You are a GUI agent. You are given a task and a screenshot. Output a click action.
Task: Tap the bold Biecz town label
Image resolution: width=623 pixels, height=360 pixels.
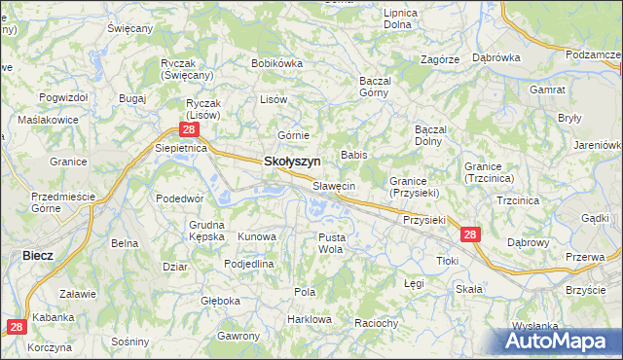pyautogui.click(x=37, y=255)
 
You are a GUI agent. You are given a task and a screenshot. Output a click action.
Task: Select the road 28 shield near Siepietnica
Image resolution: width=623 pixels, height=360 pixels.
pyautogui.click(x=190, y=129)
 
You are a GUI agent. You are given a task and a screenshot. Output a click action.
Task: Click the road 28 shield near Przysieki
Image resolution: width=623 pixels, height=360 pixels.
pyautogui.click(x=470, y=235)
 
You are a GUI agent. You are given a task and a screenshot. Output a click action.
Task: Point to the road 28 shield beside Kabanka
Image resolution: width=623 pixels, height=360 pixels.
pyautogui.click(x=18, y=328)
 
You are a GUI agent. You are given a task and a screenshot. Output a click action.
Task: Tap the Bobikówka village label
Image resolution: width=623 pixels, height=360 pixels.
pyautogui.click(x=277, y=63)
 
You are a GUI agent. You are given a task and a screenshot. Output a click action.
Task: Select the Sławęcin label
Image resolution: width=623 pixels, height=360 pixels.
pyautogui.click(x=334, y=186)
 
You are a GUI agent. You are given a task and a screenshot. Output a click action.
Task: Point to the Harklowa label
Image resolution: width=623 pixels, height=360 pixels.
pyautogui.click(x=311, y=319)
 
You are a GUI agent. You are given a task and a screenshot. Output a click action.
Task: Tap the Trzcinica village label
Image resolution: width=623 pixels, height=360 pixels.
pyautogui.click(x=518, y=199)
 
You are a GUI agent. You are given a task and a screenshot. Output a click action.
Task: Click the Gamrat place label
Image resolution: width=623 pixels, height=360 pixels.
pyautogui.click(x=548, y=90)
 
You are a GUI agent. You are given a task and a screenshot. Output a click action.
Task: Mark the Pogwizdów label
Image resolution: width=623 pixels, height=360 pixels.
pyautogui.click(x=64, y=98)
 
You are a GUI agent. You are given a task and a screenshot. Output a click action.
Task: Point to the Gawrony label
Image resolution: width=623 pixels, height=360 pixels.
pyautogui.click(x=238, y=336)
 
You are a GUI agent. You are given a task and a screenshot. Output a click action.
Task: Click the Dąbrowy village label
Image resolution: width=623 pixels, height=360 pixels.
pyautogui.click(x=529, y=242)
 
